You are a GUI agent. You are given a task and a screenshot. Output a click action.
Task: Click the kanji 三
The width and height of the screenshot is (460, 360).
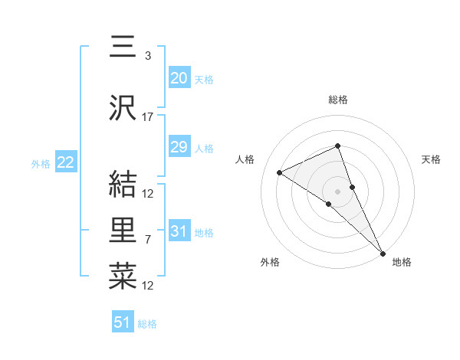[123, 47]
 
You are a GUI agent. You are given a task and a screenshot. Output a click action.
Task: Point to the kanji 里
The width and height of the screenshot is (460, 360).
[123, 230]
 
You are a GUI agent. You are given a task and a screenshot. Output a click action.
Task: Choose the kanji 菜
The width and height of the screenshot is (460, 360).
[123, 275]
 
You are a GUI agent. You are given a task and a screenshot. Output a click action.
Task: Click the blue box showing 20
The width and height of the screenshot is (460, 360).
[179, 77]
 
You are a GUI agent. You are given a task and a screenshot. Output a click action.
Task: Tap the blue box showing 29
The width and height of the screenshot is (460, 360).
[179, 147]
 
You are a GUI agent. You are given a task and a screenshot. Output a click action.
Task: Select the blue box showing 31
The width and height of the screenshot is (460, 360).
[179, 231]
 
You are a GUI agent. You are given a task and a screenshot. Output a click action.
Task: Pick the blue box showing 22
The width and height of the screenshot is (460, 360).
[65, 162]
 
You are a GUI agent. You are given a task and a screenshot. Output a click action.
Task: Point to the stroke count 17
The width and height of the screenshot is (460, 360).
[148, 117]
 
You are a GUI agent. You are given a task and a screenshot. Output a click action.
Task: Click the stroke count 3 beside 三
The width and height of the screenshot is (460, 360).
[147, 55]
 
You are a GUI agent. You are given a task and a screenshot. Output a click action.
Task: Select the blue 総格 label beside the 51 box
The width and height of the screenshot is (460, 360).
[147, 324]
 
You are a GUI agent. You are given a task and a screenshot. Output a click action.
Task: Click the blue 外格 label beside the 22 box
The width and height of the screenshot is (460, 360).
[40, 164]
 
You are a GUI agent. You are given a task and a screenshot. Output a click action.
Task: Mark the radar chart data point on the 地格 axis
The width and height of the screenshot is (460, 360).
[383, 252]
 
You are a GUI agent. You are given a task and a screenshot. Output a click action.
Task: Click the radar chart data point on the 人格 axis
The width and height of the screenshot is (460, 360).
[280, 172]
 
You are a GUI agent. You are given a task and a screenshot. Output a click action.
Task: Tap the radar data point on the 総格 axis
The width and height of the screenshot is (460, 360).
[337, 146]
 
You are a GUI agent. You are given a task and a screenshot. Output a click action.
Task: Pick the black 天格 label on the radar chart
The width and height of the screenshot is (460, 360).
[432, 159]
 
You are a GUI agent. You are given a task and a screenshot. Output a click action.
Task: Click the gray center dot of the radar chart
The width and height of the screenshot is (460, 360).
[337, 190]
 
